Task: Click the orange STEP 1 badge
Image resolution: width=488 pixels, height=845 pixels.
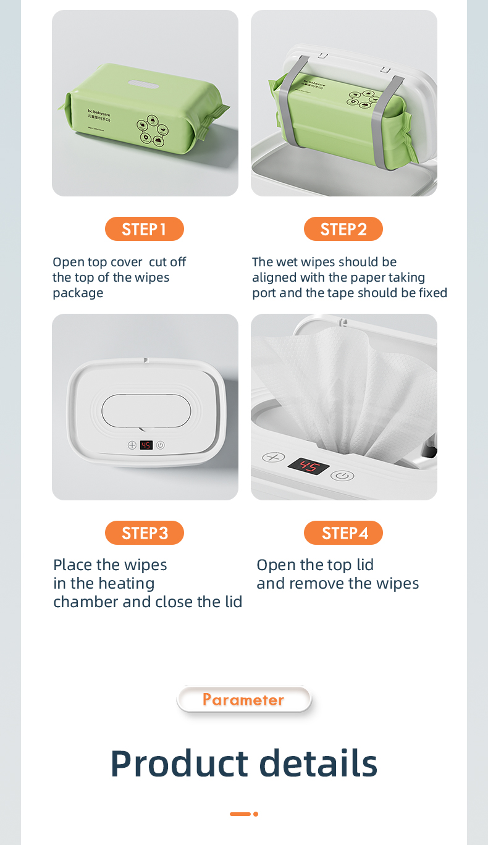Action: (144, 229)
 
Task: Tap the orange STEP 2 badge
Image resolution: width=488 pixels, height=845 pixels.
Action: (343, 229)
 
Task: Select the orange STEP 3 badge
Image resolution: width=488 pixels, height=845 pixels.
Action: (144, 533)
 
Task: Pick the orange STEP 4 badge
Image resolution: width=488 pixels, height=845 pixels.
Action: (343, 533)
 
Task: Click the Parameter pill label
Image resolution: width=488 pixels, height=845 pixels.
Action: (243, 700)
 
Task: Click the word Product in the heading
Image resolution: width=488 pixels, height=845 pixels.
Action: (179, 763)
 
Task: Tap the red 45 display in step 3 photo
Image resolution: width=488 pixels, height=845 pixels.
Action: (146, 445)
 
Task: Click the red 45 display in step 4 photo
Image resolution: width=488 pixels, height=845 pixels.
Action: (308, 466)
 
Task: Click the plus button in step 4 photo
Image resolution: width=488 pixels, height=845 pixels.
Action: (273, 458)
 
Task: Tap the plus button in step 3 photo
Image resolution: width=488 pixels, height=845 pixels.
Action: (132, 445)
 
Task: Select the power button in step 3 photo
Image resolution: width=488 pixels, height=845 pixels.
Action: (160, 445)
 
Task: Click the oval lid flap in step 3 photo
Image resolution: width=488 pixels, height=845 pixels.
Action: (146, 411)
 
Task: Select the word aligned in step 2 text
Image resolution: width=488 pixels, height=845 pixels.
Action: (275, 277)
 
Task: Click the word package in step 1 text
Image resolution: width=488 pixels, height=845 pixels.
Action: (78, 293)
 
